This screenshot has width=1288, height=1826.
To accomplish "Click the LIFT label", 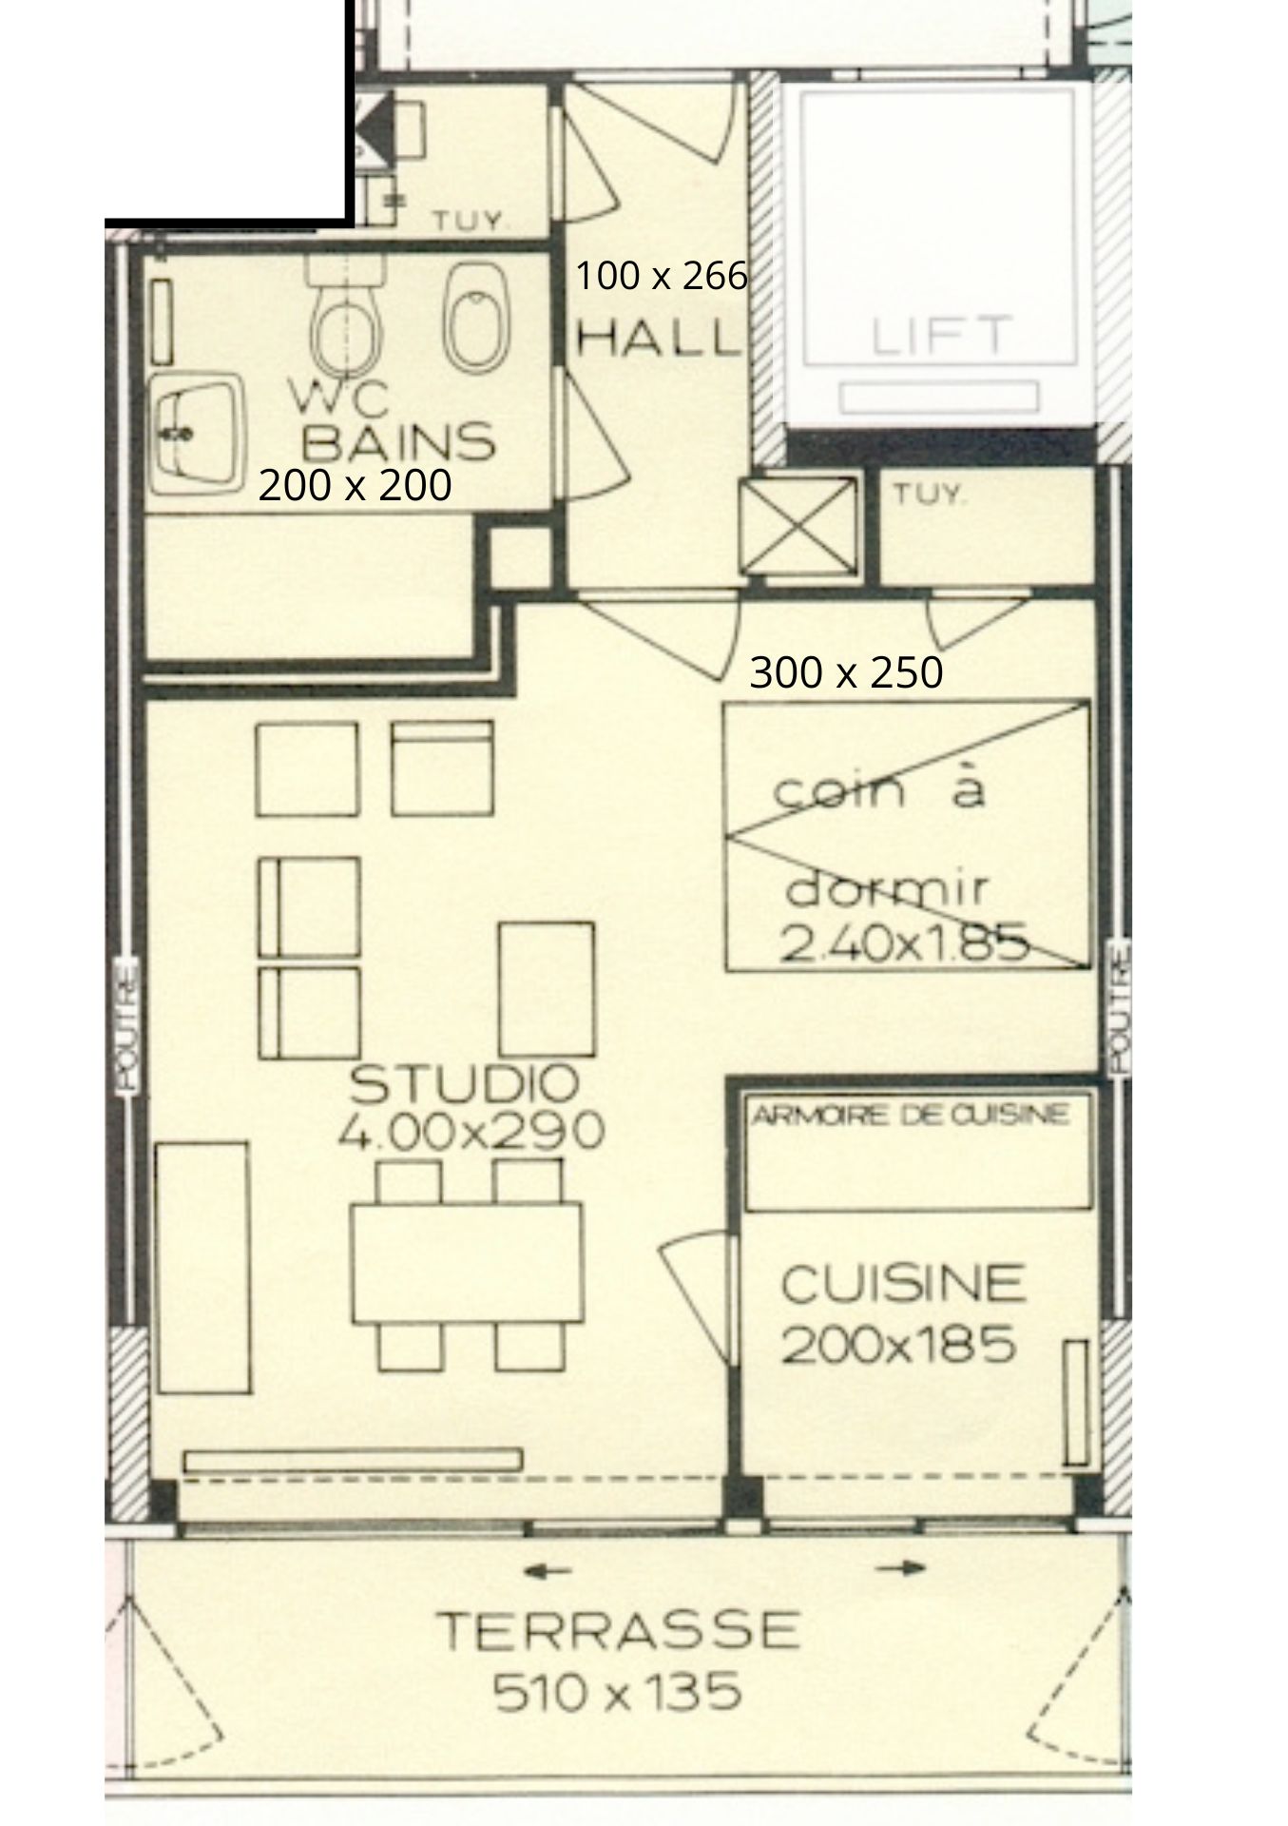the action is click(937, 336).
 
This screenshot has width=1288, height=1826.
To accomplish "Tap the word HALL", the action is click(659, 338).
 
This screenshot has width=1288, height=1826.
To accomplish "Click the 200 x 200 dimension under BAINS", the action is click(355, 486).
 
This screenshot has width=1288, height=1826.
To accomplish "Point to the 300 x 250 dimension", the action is click(846, 672).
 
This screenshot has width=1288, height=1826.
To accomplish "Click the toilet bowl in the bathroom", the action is click(348, 323).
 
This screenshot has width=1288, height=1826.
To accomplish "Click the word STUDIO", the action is click(465, 1083).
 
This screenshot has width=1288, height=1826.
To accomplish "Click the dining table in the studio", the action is click(467, 1264).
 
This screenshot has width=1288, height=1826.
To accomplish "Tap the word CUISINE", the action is click(903, 1284).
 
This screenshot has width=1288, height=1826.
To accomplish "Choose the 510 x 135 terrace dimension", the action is click(617, 1693).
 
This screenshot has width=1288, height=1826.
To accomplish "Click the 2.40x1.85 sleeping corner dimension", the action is click(905, 944).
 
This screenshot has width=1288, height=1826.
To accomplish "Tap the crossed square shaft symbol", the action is click(798, 526).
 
